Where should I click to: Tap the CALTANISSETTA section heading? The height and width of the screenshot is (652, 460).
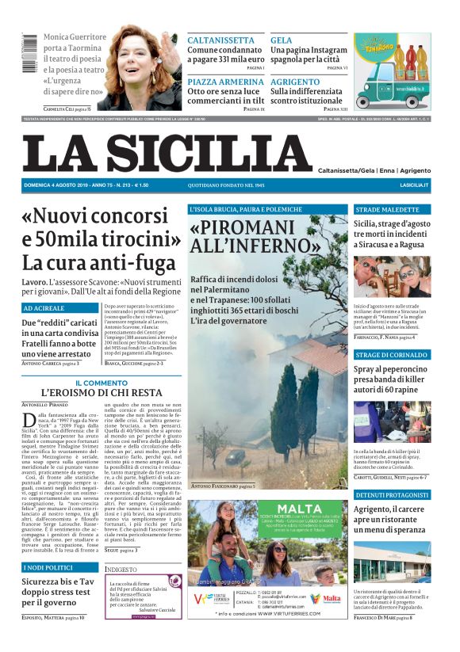[x=225, y=40]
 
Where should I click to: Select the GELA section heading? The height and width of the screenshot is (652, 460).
[x=281, y=40]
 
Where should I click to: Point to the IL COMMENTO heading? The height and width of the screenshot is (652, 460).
[x=101, y=383]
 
